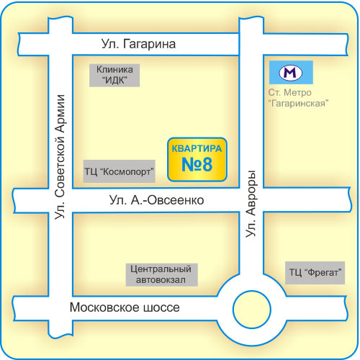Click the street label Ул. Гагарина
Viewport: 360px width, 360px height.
[x=138, y=44]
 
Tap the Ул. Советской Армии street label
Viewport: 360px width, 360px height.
[x=60, y=157]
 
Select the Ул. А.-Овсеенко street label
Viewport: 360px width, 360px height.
[x=156, y=200]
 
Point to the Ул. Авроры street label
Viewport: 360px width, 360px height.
[x=251, y=204]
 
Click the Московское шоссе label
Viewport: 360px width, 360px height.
[x=125, y=307]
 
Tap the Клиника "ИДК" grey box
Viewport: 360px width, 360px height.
[x=114, y=75]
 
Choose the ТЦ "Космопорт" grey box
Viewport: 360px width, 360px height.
[x=120, y=171]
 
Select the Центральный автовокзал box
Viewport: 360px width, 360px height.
[x=162, y=275]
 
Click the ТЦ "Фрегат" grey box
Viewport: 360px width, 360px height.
[x=315, y=273]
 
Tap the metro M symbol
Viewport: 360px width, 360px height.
[x=291, y=73]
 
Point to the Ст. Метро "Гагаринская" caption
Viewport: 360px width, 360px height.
[x=298, y=98]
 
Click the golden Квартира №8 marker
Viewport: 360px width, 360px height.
[x=197, y=159]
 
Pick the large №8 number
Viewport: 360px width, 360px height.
[x=197, y=165]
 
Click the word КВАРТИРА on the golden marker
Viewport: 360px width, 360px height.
[x=197, y=148]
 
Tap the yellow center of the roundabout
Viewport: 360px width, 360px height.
[x=252, y=310]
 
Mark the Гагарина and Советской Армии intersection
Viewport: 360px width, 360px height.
[x=60, y=44]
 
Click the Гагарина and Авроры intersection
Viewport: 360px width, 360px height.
[x=251, y=45]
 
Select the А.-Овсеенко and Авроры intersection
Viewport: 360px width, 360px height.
[x=251, y=200]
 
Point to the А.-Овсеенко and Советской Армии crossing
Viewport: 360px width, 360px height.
[x=60, y=200]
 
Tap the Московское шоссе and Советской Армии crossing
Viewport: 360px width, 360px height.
[x=60, y=308]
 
